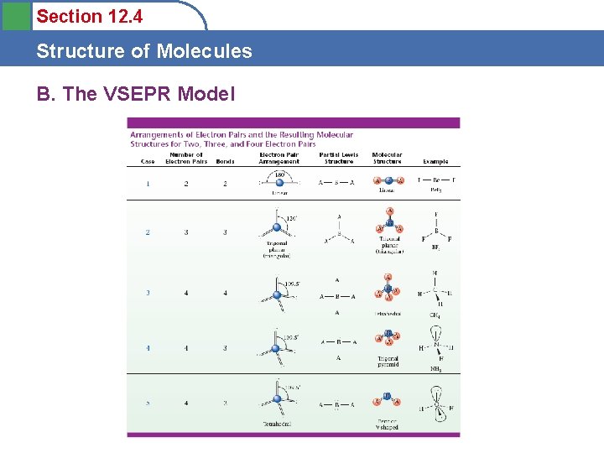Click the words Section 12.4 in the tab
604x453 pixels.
89,16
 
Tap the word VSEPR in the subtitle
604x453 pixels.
137,94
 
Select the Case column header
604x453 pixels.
148,161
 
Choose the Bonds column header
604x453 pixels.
225,161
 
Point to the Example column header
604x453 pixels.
435,161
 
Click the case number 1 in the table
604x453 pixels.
148,184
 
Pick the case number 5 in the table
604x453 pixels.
148,404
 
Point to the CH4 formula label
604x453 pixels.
435,315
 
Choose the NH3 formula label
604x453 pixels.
435,369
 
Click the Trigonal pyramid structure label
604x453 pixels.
388,362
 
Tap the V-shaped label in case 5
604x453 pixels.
388,427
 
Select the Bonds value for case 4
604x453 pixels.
225,348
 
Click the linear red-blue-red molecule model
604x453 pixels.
388,180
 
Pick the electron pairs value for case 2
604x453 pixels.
186,232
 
